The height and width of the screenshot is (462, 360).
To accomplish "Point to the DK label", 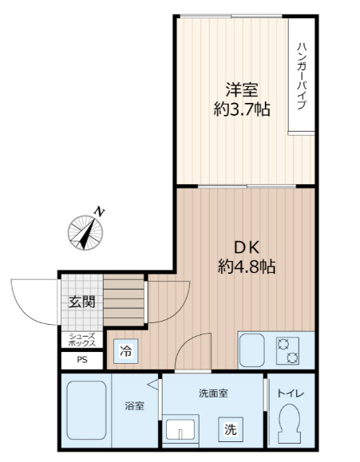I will coord(247,247).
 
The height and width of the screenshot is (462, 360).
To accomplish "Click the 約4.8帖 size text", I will coord(247,268).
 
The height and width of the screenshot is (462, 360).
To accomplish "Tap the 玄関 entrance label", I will coord(81,302).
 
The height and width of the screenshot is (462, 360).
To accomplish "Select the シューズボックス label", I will coord(82,340).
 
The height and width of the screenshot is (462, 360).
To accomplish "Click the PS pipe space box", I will coord(82,361).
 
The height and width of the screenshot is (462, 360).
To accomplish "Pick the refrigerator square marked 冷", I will coord(126,349).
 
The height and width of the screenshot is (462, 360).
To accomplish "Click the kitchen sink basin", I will coord(252,349).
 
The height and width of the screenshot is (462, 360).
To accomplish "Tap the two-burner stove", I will coord(287,349).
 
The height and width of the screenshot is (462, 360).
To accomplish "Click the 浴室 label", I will coord(134,406).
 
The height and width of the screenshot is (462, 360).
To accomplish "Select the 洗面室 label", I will coord(214,393).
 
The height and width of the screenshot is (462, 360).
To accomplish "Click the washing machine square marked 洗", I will coord(230,429).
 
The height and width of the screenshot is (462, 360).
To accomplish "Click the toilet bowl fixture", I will coord(291,423).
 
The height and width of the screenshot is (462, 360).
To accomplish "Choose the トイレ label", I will coord(291,393).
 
